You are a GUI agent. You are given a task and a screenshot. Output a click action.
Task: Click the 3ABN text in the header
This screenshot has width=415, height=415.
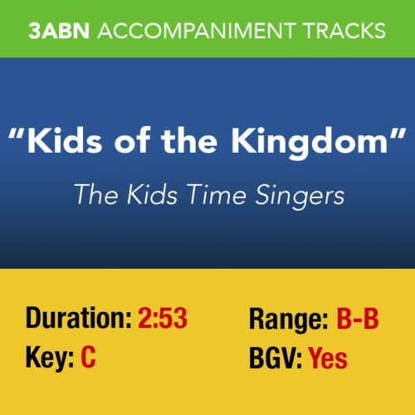click(61, 31)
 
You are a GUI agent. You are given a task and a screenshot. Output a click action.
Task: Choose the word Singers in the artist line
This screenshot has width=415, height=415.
click(294, 196)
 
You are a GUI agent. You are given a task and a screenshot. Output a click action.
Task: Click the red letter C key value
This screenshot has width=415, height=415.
click(90, 359)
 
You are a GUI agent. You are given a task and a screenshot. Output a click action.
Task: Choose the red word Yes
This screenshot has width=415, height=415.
click(328, 359)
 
